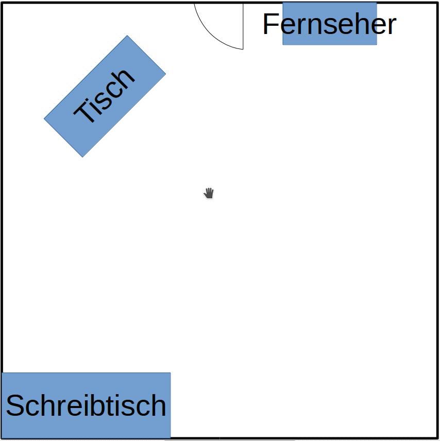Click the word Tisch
105,96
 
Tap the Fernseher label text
329,24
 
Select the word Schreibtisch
86,405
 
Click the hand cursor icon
209,193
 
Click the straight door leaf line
243,26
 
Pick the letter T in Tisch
86,113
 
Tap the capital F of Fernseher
270,24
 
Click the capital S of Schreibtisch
16,405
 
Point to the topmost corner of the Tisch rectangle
127,36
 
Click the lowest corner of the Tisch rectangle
82,157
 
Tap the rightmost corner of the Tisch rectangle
165,74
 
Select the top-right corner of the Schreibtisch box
170,373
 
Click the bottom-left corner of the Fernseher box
283,45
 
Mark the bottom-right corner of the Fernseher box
377,45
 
